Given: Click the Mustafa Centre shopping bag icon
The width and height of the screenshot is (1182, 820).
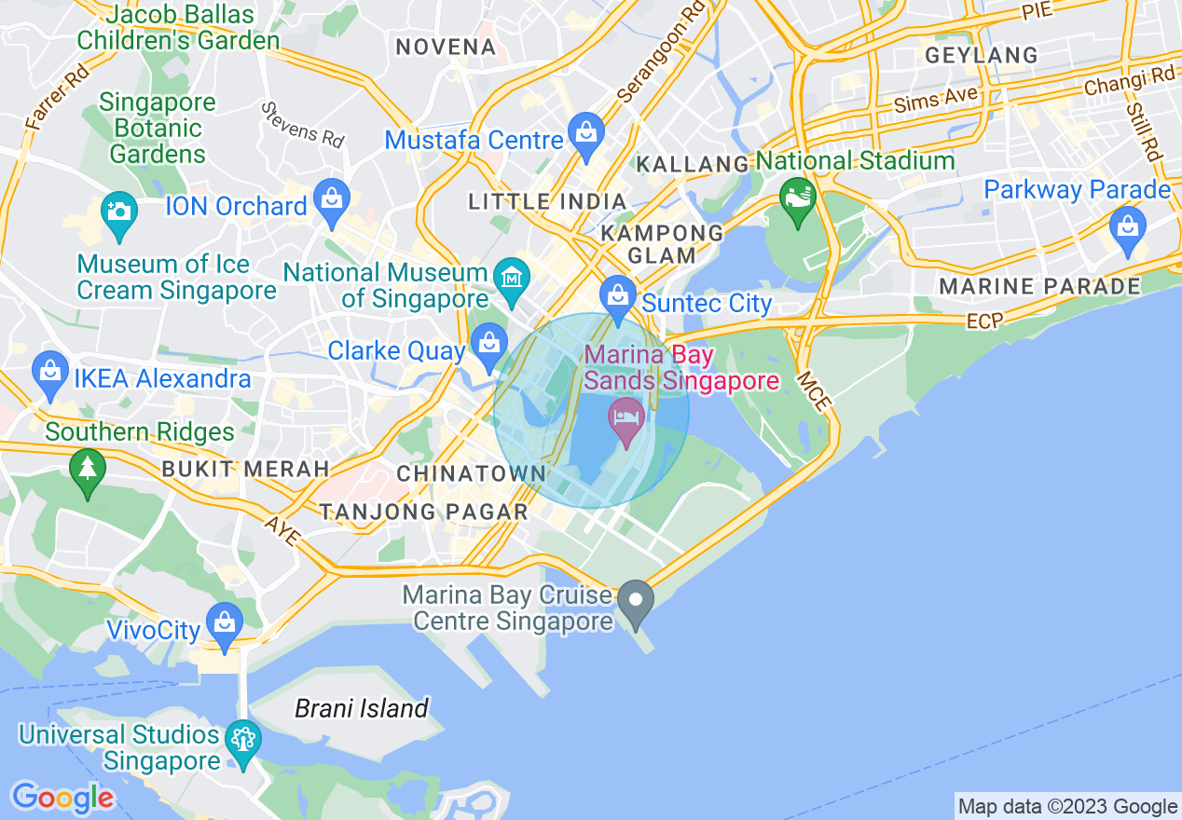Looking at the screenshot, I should [586, 131].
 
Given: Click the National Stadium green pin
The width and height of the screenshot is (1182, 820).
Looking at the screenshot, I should [798, 197].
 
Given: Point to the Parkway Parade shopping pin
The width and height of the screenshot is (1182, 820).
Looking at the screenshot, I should [1128, 225].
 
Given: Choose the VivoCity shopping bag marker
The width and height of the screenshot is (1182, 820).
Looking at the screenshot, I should [224, 621].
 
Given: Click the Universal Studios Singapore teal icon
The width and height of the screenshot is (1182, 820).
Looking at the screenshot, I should [243, 740].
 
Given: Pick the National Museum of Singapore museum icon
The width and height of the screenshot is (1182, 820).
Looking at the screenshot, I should [512, 277].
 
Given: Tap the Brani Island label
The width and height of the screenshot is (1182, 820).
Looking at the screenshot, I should [362, 709].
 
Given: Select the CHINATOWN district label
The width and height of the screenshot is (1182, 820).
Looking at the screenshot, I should [472, 474].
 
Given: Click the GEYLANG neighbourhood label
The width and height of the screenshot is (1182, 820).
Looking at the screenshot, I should [982, 56].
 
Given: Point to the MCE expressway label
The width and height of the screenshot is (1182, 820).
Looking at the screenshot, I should [812, 392].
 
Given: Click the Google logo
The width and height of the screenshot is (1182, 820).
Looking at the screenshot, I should [62, 799].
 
